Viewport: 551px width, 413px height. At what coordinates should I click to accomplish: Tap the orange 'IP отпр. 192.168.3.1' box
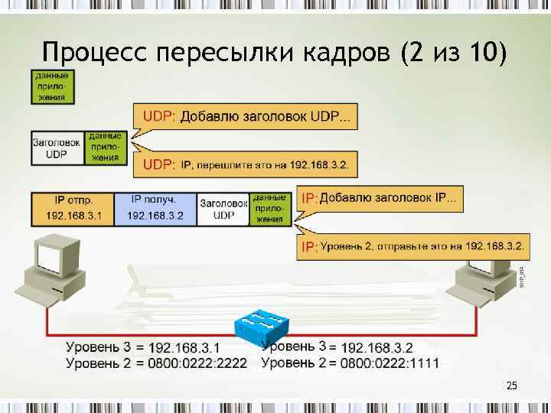[x=73, y=208]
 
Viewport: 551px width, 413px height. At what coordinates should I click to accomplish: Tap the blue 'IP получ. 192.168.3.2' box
[x=155, y=208]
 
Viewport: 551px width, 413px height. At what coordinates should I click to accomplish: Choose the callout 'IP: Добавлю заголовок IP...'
[x=380, y=199]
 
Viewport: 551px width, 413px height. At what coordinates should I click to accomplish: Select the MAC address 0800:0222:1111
[x=390, y=363]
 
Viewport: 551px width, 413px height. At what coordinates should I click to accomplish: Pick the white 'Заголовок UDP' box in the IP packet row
[x=223, y=209]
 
